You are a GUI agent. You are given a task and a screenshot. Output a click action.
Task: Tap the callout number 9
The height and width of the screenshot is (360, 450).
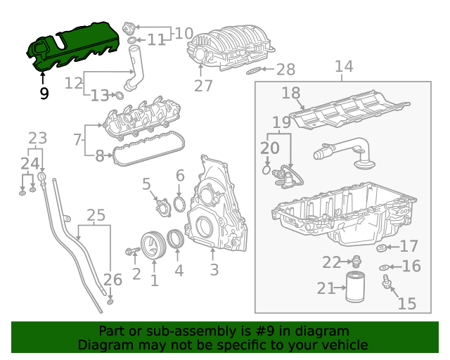click(x=44, y=93)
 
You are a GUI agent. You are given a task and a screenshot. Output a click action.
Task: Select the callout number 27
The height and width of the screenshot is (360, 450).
click(x=203, y=86)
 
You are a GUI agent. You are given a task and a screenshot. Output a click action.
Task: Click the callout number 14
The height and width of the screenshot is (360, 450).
click(x=343, y=67)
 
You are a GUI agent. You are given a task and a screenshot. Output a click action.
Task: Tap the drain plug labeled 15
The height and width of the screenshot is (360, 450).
click(x=386, y=284)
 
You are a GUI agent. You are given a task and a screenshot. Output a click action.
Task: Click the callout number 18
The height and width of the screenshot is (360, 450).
click(x=291, y=93)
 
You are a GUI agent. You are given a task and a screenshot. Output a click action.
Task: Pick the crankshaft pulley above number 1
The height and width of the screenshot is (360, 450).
click(x=153, y=245)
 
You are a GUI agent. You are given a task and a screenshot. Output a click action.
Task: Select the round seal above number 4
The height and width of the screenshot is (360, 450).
click(x=176, y=240)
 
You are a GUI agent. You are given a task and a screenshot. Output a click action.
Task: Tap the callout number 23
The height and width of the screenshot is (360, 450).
click(x=37, y=139)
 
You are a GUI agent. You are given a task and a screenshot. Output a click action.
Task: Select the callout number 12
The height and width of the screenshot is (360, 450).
click(x=74, y=83)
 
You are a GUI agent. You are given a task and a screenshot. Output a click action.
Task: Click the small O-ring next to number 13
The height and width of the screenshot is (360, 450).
click(x=120, y=95)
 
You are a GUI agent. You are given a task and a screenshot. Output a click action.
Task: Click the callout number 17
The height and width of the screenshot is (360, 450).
click(x=409, y=246)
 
